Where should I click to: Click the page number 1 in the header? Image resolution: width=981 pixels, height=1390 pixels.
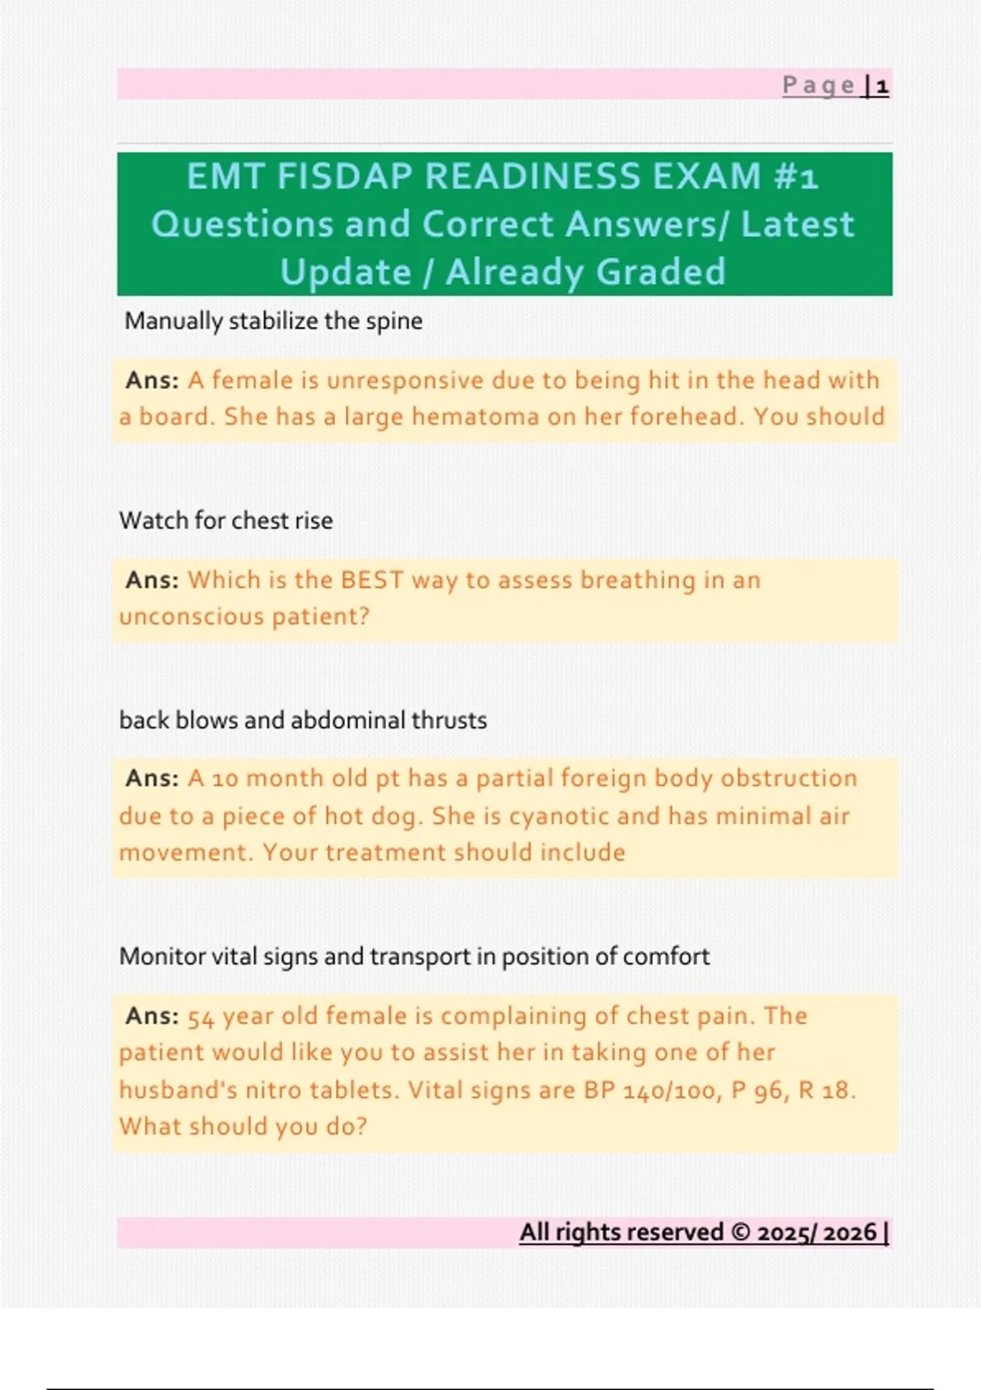[882, 86]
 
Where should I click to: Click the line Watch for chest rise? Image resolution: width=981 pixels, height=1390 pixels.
[226, 521]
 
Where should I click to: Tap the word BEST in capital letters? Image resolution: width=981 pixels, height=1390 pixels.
[372, 580]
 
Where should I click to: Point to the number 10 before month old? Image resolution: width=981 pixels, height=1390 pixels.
[225, 778]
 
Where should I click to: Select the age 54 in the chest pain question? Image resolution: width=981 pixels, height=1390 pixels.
[201, 1017]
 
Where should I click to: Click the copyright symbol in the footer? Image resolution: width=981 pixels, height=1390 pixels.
[741, 1232]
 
